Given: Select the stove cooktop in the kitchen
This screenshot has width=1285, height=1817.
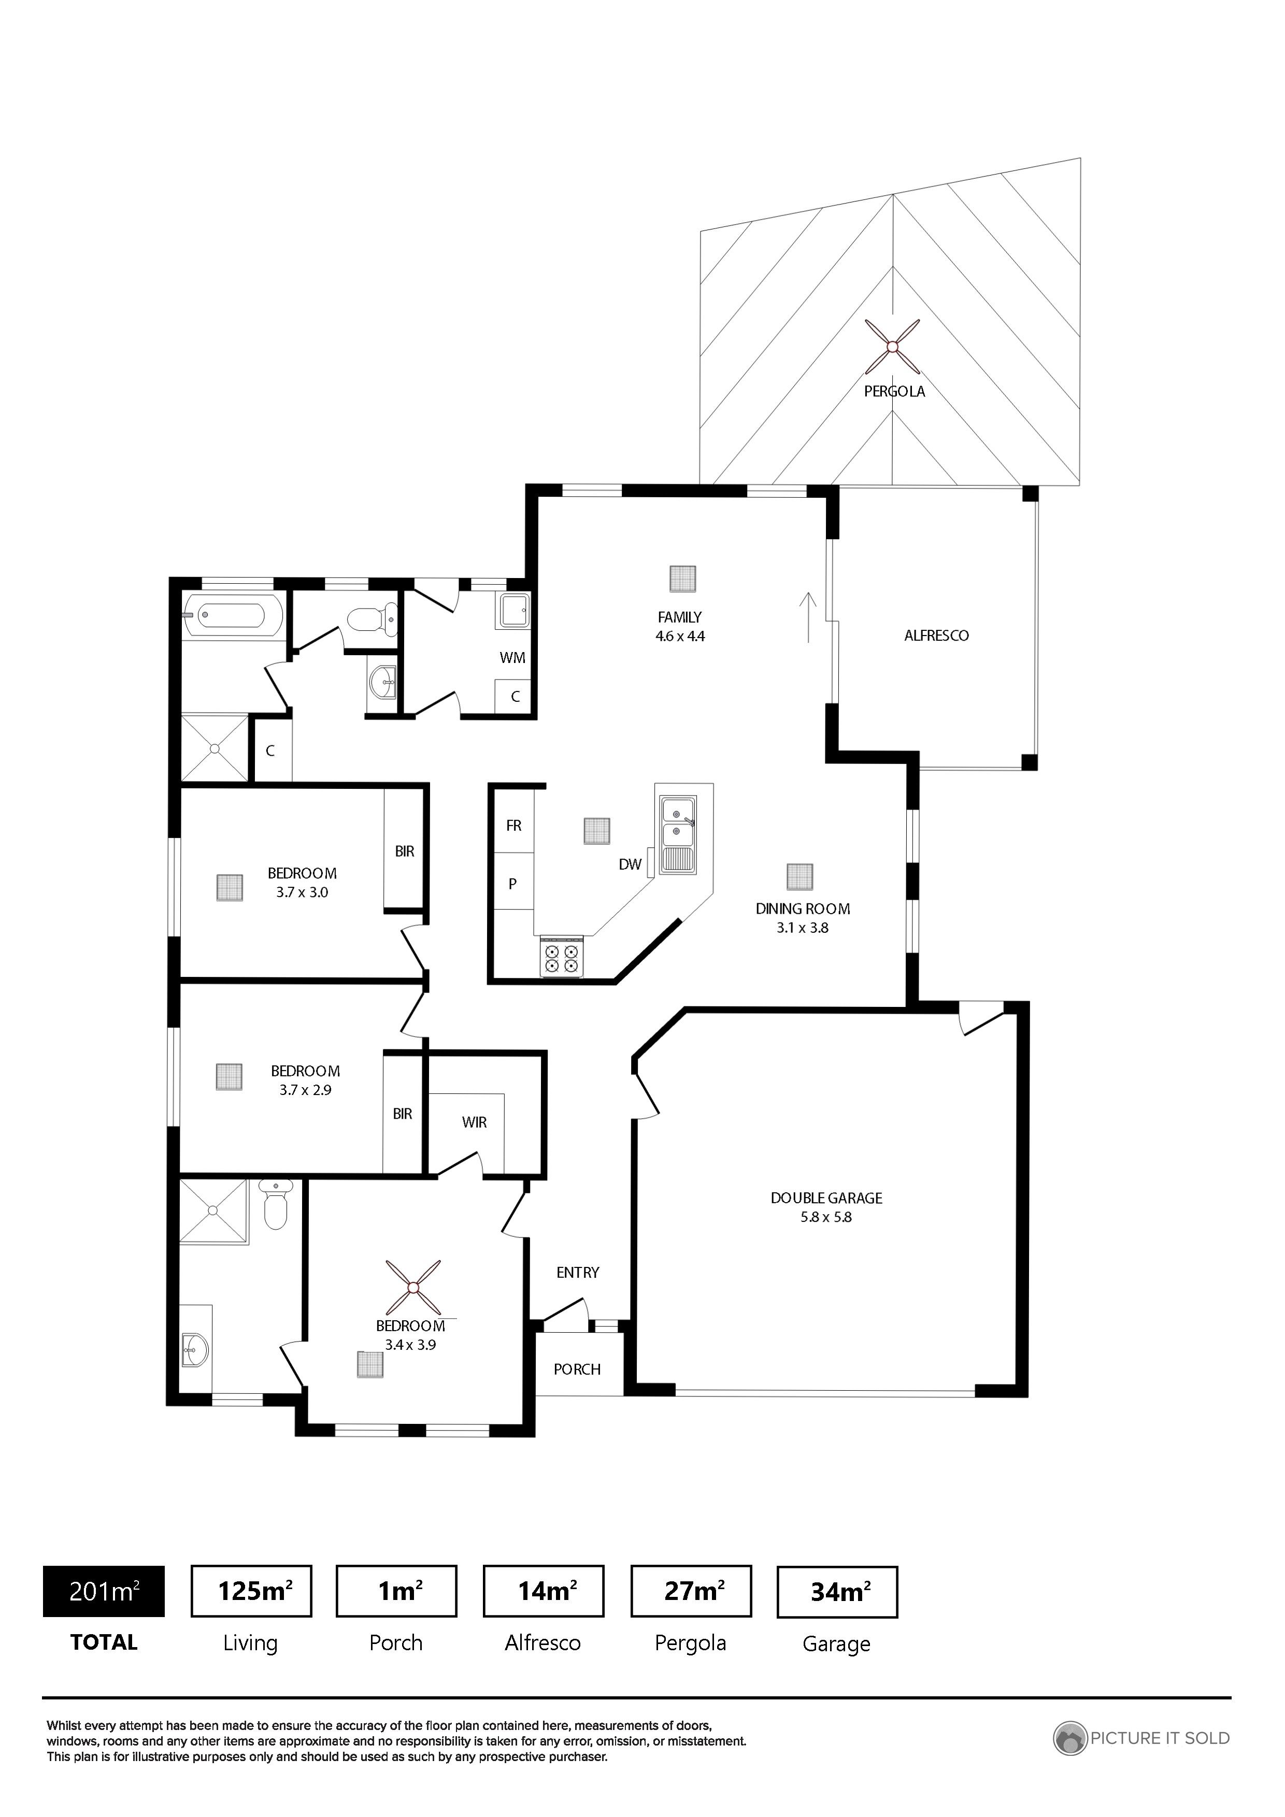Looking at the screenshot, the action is pos(561,958).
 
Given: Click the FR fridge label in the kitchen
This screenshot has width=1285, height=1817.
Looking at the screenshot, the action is pos(514,826).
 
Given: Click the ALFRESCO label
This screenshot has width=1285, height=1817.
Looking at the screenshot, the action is pos(937,636).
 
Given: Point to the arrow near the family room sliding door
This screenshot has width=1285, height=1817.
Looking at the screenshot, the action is pos(808,617).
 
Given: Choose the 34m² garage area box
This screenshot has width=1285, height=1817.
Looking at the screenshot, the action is pos(838,1592).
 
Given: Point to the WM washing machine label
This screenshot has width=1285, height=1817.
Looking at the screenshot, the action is pos(512,658).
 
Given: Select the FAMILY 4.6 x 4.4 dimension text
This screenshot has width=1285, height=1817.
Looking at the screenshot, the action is pos(680,636).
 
